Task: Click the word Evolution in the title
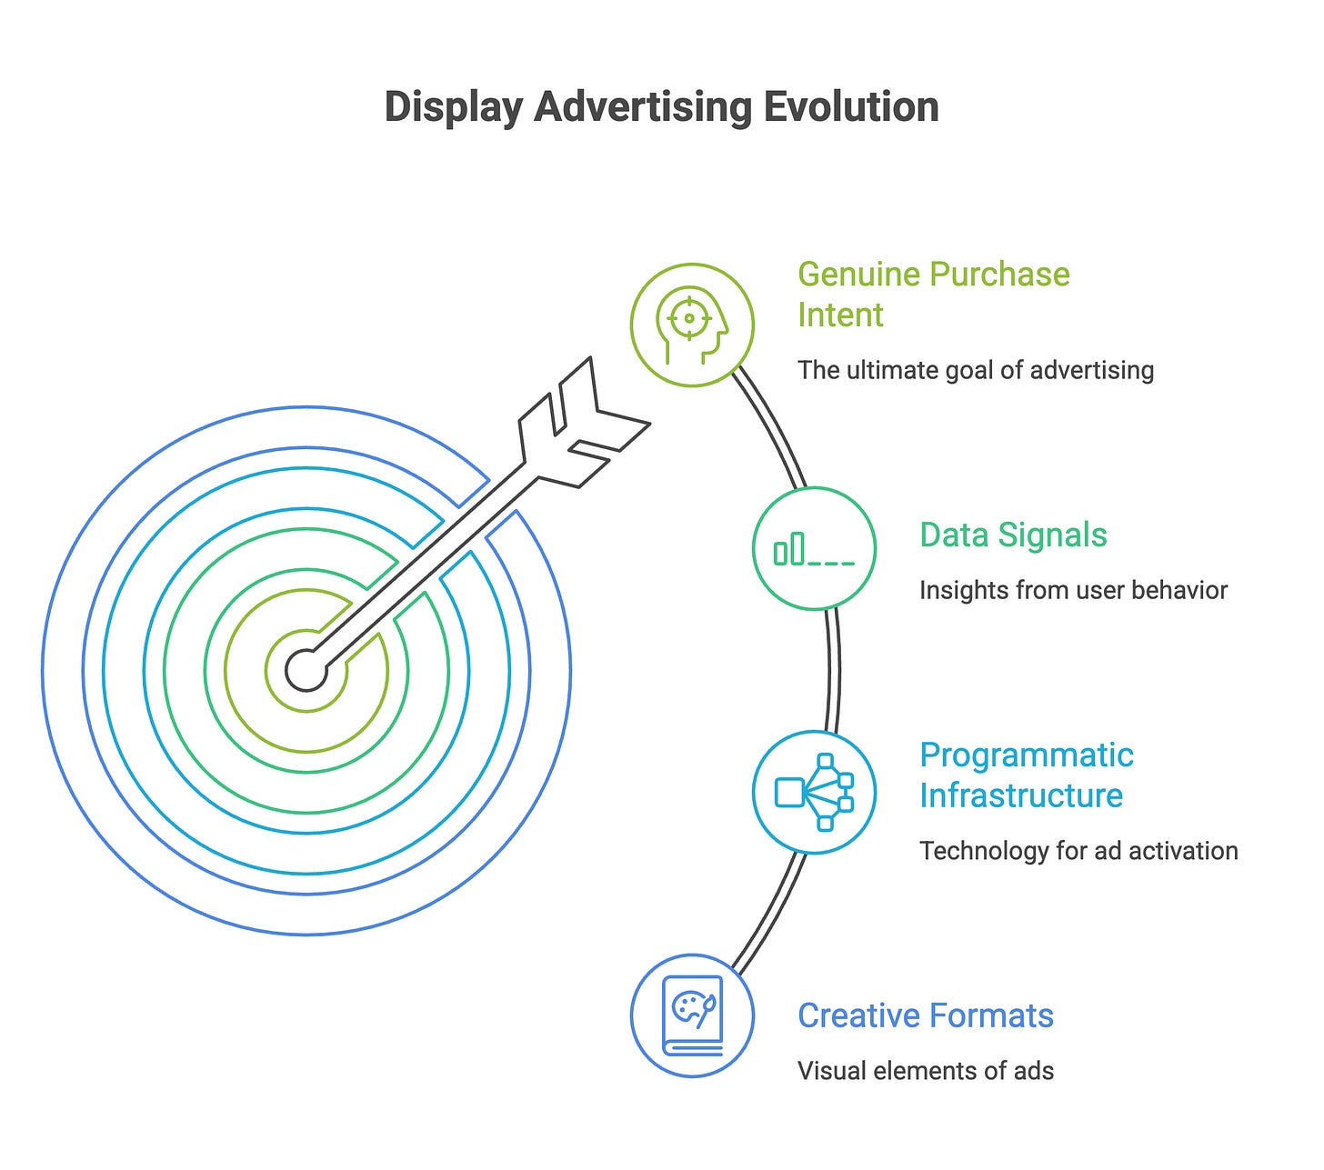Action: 850,106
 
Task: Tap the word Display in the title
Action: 452,106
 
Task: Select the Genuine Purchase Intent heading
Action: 933,294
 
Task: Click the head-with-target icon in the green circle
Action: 692,325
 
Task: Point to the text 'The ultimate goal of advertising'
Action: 975,370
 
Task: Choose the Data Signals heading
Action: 1013,535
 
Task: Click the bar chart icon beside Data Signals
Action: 814,549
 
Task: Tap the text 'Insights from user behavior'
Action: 1073,590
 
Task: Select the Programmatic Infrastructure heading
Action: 1026,775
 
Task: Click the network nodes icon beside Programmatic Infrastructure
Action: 814,792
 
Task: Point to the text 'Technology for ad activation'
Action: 1078,851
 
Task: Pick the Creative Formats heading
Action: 925,1015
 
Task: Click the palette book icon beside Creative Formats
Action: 692,1015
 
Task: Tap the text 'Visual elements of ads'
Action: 925,1071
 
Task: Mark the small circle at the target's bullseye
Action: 306,671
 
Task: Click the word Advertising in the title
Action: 644,106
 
